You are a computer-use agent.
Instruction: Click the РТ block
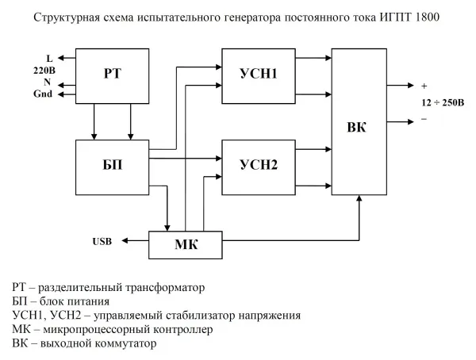(x=112, y=75)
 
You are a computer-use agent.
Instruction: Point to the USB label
(x=103, y=240)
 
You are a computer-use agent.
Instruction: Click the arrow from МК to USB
(x=135, y=239)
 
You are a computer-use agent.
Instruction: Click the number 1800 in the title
(x=427, y=17)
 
